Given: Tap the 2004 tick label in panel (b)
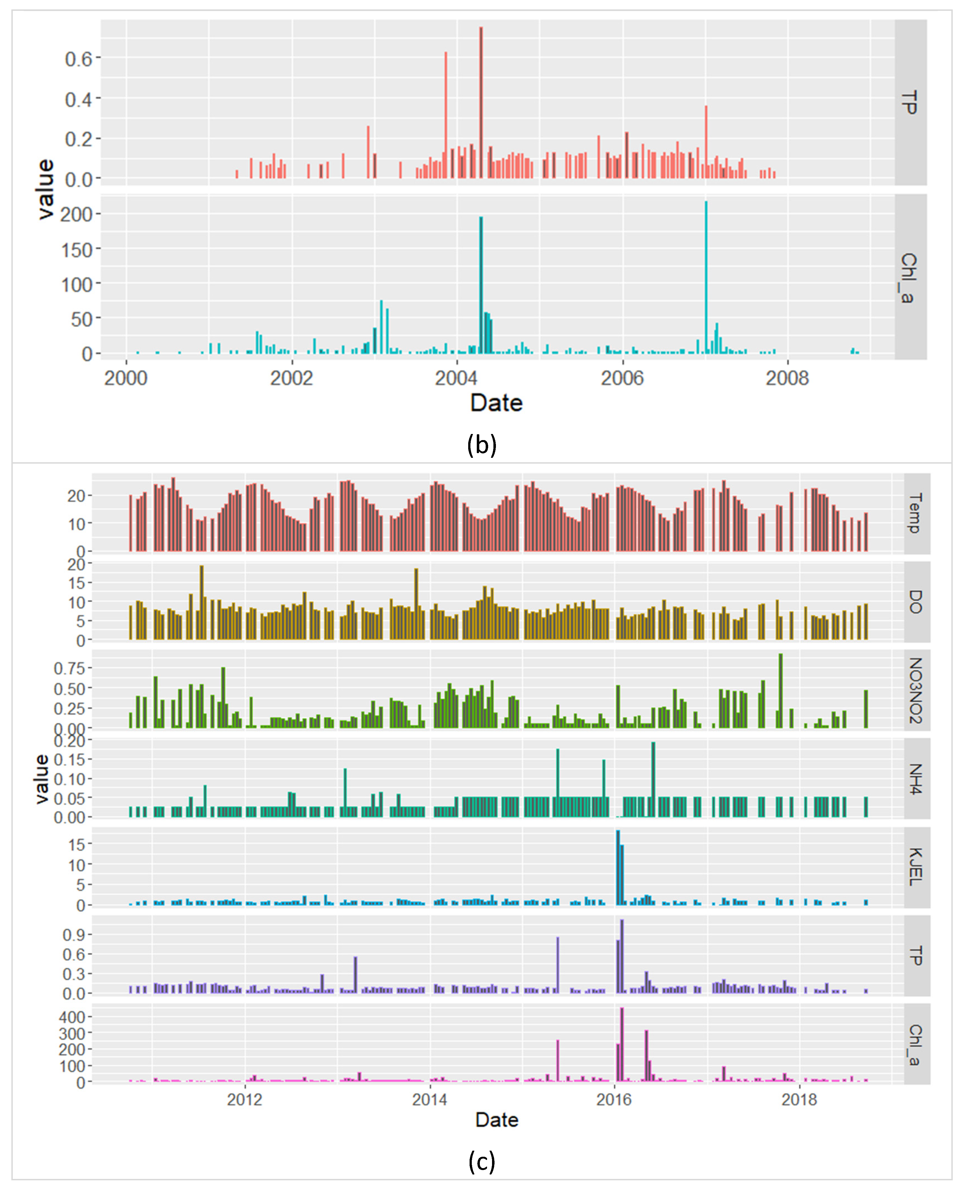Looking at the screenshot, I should [x=457, y=378].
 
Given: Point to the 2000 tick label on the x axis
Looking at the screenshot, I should [x=126, y=378].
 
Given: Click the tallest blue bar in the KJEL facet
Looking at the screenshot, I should [x=618, y=868].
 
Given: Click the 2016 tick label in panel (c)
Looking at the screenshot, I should [x=614, y=1100].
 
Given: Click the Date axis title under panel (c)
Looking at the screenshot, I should [x=496, y=1120].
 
